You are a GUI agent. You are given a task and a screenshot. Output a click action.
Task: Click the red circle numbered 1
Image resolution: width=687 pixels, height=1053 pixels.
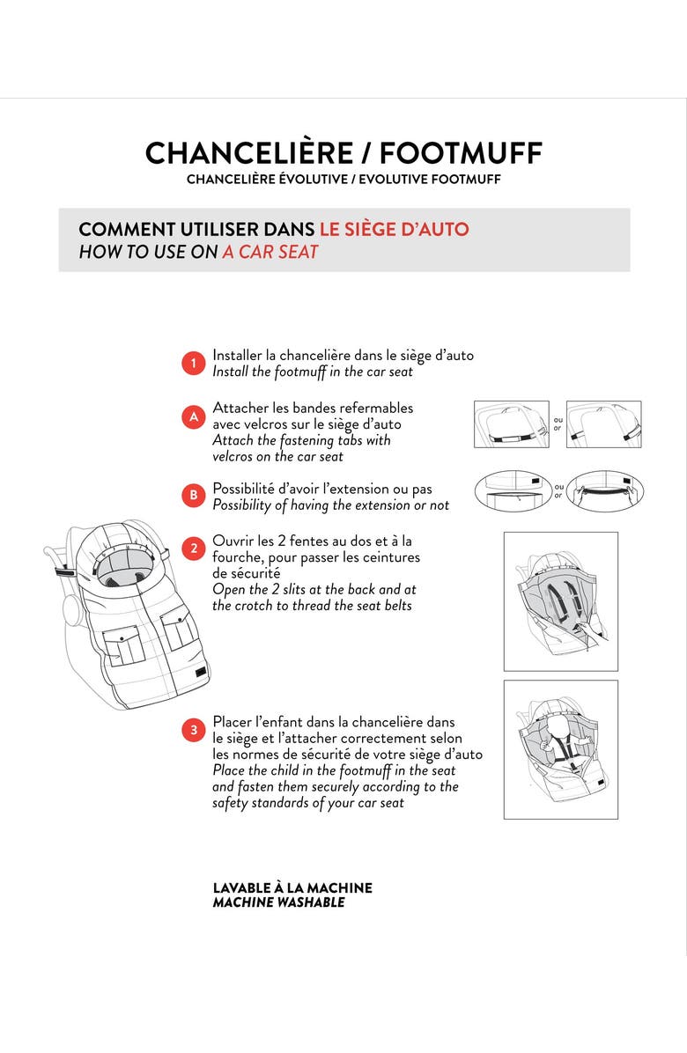(x=194, y=364)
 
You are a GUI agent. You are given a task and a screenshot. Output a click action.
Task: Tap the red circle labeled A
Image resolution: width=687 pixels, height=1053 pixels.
(x=194, y=416)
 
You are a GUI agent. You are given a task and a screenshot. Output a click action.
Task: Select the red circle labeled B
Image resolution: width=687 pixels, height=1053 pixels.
(x=194, y=496)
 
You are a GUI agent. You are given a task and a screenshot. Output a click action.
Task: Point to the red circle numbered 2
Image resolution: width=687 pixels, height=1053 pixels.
(x=194, y=548)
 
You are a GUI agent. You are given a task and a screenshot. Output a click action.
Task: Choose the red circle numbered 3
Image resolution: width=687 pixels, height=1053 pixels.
(x=194, y=730)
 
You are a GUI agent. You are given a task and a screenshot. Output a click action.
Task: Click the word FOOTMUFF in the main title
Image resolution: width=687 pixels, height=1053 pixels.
(x=461, y=153)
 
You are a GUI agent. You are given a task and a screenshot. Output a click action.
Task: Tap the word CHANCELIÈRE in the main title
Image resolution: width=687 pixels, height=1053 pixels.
(x=248, y=153)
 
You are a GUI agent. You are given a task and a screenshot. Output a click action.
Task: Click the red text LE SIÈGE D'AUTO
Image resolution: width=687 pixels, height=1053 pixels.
(x=395, y=229)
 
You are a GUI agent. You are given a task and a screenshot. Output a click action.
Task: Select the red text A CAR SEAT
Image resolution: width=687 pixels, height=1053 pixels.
(x=270, y=252)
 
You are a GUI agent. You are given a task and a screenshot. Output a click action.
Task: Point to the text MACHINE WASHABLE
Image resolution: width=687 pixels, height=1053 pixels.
(x=278, y=902)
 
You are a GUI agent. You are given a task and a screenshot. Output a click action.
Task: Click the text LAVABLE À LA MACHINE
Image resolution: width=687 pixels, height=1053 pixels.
(x=292, y=887)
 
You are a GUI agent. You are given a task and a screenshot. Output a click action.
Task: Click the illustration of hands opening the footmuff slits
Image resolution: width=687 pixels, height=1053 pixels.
(x=561, y=601)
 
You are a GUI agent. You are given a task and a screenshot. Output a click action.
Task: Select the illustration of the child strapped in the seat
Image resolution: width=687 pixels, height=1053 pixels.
(x=561, y=749)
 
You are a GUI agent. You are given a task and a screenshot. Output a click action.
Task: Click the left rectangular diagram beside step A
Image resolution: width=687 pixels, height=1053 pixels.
(x=512, y=424)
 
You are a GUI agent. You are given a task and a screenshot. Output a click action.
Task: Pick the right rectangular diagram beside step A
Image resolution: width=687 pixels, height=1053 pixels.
(x=603, y=424)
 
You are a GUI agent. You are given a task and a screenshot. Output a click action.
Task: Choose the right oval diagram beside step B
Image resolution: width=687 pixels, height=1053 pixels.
(x=605, y=491)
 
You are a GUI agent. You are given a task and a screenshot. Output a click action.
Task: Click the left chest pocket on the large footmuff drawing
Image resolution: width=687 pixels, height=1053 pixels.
(x=121, y=644)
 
